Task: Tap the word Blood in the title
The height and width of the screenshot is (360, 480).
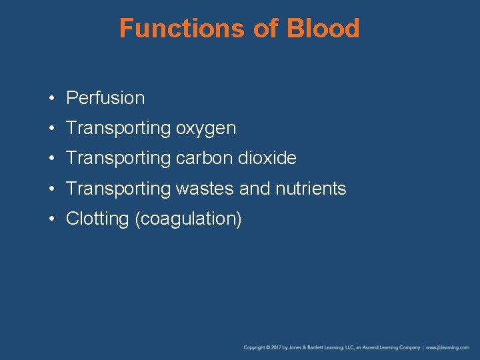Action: point(323,29)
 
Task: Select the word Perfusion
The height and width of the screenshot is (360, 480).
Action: point(105,98)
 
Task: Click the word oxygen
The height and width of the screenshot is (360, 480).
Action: point(206,129)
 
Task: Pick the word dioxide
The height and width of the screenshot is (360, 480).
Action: point(269,159)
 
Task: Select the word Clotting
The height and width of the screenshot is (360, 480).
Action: point(98,219)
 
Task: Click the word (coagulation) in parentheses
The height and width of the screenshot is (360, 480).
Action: point(188,219)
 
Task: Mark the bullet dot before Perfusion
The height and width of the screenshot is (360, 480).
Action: point(51,99)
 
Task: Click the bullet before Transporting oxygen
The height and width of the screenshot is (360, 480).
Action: point(51,129)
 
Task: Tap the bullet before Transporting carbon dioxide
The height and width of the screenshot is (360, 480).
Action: point(51,159)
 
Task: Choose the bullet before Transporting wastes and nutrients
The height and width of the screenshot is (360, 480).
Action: point(51,189)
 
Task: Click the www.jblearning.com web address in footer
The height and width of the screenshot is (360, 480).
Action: point(448,347)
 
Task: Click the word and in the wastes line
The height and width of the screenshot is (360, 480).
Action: point(254,189)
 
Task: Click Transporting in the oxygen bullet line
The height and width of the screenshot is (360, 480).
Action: point(118,129)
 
